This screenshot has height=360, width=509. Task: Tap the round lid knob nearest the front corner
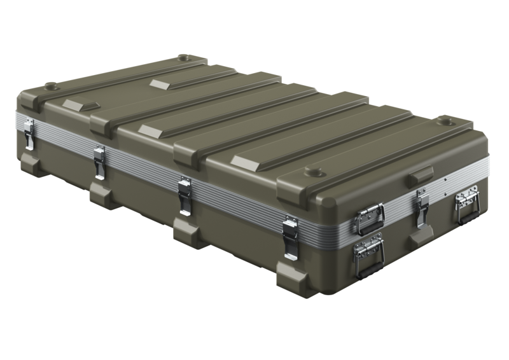[x=314, y=170]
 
